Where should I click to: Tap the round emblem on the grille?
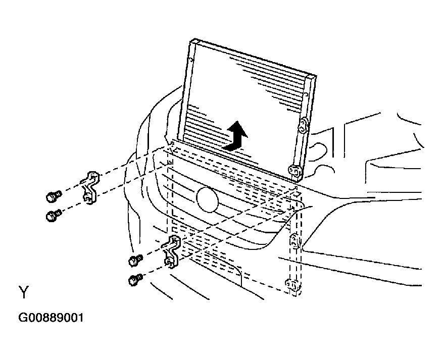pos(208,199)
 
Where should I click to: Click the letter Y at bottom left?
pos(24,292)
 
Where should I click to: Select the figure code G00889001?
pos(51,318)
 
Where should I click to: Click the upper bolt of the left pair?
pos(54,196)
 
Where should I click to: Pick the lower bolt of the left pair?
pos(53,216)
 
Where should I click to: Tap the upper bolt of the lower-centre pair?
pos(135,260)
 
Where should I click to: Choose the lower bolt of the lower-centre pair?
pos(135,280)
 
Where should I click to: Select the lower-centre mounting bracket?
pos(172,251)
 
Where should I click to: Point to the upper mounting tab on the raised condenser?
pos(303,125)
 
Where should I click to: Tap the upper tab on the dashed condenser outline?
pos(294,241)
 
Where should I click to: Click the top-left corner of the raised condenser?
pos(194,39)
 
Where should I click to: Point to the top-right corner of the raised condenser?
pos(316,76)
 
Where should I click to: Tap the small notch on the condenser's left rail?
pos(191,60)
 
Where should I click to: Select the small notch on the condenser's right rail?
pos(306,94)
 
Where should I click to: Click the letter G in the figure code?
pos(22,318)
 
